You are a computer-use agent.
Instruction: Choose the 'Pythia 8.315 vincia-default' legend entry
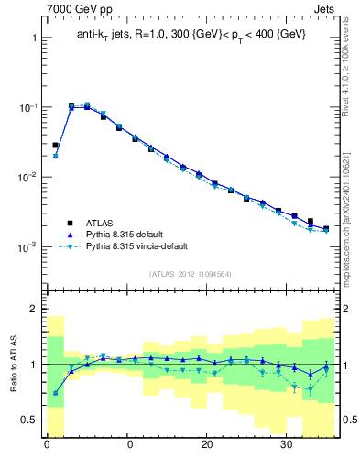pos(152,247)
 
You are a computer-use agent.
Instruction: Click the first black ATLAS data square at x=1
pos(55,145)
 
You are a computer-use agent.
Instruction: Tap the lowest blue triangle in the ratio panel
pos(55,393)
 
